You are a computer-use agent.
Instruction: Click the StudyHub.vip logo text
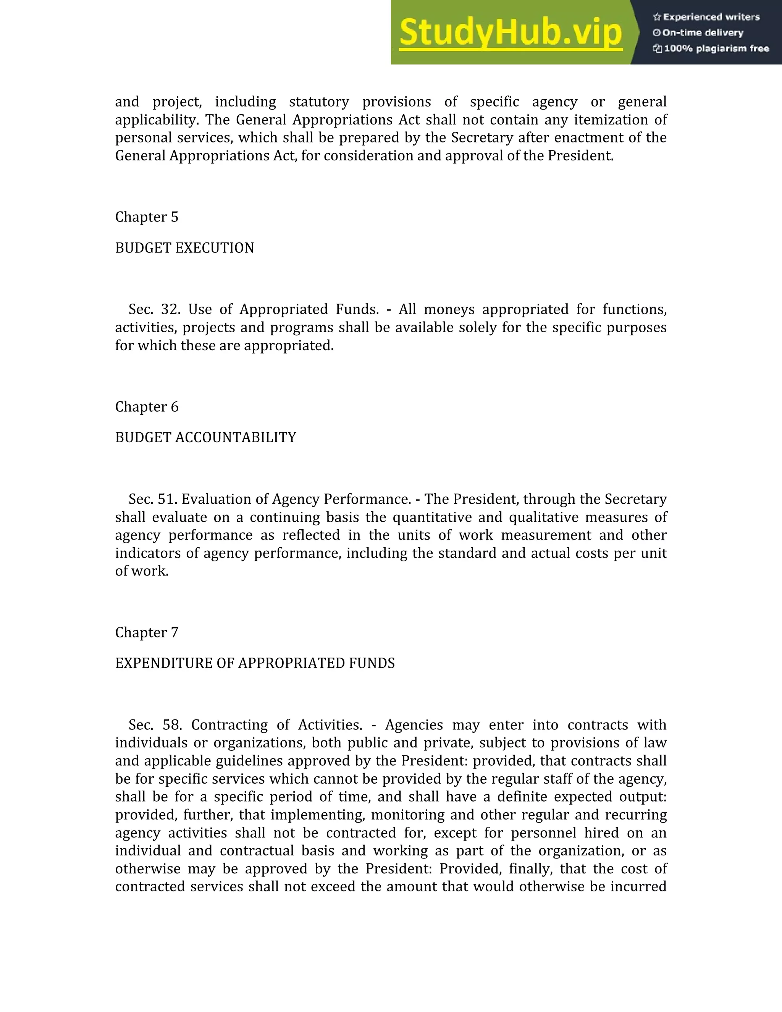click(x=510, y=32)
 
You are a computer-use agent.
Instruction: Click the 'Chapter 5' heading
click(x=146, y=217)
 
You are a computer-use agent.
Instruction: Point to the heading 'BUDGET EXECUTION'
click(x=184, y=248)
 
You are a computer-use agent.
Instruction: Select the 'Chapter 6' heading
click(x=146, y=407)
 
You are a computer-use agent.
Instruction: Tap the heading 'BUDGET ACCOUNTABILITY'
click(x=205, y=437)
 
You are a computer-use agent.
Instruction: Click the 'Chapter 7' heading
click(x=146, y=632)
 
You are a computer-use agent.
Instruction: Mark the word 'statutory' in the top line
click(x=319, y=102)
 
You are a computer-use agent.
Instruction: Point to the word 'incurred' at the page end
click(x=638, y=886)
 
